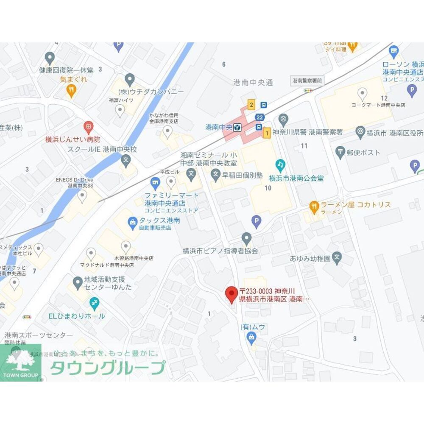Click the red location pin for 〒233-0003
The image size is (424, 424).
[x=231, y=293]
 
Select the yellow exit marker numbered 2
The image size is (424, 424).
[x=251, y=105]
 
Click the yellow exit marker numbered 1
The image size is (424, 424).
[x=267, y=133]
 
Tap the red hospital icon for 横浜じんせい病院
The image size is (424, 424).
[x=88, y=126]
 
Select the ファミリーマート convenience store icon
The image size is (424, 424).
[x=155, y=183]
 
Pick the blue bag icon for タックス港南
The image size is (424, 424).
[x=133, y=221]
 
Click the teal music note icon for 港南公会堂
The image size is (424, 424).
[x=280, y=164]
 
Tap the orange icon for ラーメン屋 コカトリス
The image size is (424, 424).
[x=314, y=206]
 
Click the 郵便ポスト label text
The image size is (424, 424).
[x=363, y=152]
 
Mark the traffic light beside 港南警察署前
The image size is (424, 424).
[x=308, y=90]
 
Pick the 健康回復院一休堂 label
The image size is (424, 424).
[x=66, y=70]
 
